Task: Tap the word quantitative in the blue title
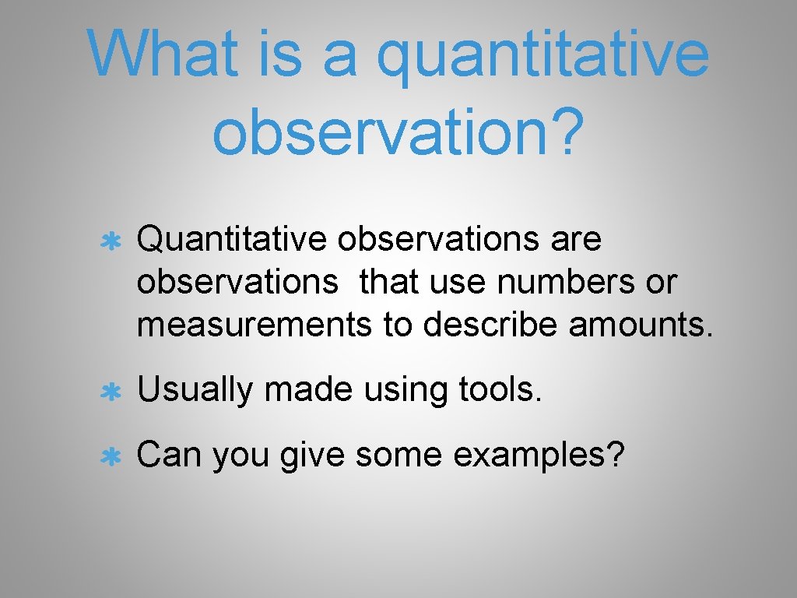pyautogui.click(x=543, y=56)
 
